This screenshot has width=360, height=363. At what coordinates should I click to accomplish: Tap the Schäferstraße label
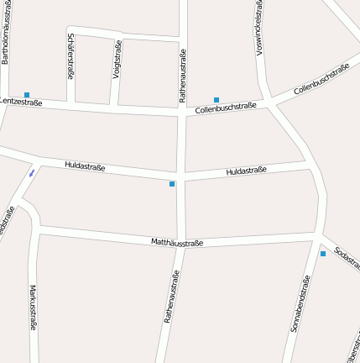click(70, 55)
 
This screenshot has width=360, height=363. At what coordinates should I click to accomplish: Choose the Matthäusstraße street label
click(177, 243)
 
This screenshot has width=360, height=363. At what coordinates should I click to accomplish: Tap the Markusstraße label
click(33, 309)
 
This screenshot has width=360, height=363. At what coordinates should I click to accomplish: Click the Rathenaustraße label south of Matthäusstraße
click(171, 297)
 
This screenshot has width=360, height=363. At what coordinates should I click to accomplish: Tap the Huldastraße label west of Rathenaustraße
click(84, 167)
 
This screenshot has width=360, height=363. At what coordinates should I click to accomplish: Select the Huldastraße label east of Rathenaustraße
click(246, 171)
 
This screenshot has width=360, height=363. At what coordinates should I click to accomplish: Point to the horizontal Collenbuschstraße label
click(225, 108)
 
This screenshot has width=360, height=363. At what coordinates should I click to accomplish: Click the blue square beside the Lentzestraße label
click(27, 94)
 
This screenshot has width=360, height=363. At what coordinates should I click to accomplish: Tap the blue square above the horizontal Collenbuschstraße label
click(217, 100)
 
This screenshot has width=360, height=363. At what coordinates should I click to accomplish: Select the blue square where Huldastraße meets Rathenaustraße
click(172, 183)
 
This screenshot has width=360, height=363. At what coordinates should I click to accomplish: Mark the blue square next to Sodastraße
click(322, 253)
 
